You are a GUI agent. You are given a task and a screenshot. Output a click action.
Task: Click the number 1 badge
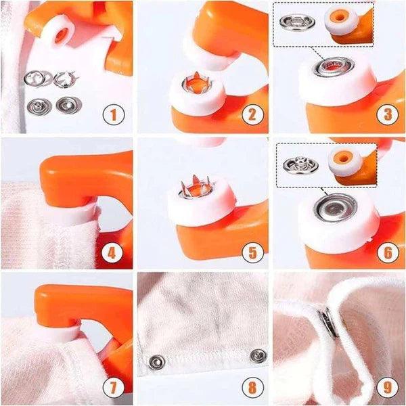click(113, 115)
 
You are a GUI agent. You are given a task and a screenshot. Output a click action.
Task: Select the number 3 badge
click(386, 114)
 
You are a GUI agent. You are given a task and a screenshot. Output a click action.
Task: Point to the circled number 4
click(113, 254)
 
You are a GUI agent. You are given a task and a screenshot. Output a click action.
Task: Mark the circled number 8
click(252, 388)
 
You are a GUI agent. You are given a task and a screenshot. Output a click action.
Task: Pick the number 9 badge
click(386, 388)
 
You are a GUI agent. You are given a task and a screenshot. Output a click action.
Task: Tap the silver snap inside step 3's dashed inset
click(294, 21)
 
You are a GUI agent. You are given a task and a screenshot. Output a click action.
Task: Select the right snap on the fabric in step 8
click(258, 354)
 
